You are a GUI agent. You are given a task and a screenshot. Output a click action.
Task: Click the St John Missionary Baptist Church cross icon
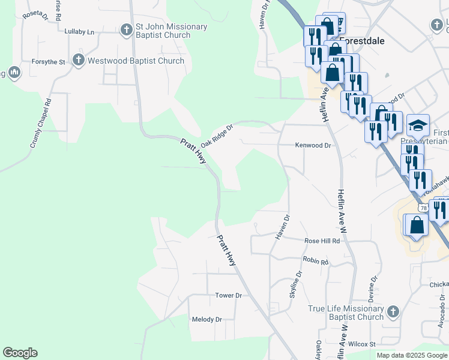[x=126, y=29]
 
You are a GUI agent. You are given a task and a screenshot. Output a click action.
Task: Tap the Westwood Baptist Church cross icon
[x=78, y=60]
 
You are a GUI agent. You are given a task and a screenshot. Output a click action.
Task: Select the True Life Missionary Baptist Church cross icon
[x=393, y=311]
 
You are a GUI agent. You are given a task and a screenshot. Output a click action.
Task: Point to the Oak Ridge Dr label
[x=216, y=136]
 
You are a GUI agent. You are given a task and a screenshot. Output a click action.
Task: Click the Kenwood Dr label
[x=313, y=145]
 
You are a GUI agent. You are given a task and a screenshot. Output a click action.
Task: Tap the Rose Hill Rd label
[x=322, y=241]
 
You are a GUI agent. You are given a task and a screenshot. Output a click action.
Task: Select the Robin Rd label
[x=316, y=262]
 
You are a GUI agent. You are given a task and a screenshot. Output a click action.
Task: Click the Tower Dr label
[x=228, y=295]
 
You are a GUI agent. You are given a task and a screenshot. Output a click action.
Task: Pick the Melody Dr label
[x=206, y=319]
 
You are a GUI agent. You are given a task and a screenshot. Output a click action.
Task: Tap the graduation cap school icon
[x=418, y=125]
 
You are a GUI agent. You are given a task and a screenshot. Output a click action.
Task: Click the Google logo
[x=20, y=353]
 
